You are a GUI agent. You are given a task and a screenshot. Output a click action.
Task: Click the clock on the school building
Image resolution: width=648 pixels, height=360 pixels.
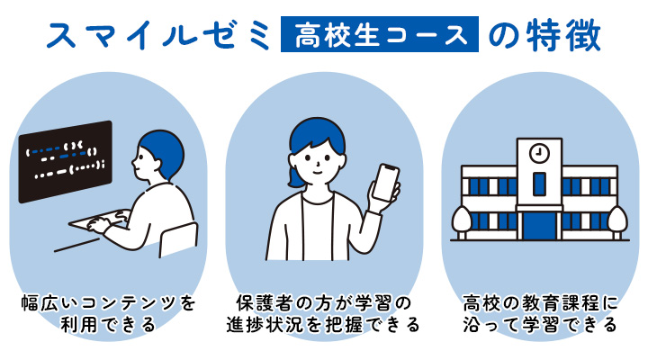pos(539,154)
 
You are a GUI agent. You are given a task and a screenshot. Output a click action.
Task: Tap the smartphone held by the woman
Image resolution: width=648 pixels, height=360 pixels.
pos(386,183)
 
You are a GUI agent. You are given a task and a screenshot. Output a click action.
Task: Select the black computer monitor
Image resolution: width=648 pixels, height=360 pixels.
pos(66,162)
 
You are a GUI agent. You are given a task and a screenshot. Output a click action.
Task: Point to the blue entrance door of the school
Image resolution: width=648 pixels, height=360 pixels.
pos(539,226)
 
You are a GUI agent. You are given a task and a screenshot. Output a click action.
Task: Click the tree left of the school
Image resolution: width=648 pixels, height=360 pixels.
pos(462,221)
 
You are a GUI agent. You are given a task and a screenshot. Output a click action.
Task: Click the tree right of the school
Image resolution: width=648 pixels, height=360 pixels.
pos(617,221)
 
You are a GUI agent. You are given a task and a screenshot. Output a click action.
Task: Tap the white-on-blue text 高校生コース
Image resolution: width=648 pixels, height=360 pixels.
pos(380,35)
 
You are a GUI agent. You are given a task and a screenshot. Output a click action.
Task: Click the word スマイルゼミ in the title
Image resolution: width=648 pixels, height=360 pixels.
pos(157,35)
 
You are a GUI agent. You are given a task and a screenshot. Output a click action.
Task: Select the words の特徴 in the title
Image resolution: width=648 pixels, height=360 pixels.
pos(544,35)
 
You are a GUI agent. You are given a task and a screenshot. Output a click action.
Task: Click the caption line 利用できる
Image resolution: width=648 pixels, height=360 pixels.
pos(108,325)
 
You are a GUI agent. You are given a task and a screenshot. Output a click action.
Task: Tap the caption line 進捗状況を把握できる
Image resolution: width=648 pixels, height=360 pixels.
pos(323,325)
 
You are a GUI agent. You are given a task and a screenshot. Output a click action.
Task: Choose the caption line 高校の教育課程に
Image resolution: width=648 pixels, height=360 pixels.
pos(540,303)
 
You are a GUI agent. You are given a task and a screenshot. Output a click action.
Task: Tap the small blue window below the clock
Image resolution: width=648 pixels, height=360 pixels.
pos(539,184)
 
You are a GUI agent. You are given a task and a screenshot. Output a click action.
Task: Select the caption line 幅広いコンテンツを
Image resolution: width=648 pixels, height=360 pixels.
pos(108,303)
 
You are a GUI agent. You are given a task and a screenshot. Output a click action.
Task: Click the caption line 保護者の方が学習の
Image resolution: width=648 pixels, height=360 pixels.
pos(323,303)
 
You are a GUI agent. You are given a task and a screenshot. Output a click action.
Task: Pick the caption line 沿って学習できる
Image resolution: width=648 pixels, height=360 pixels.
pos(540,325)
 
